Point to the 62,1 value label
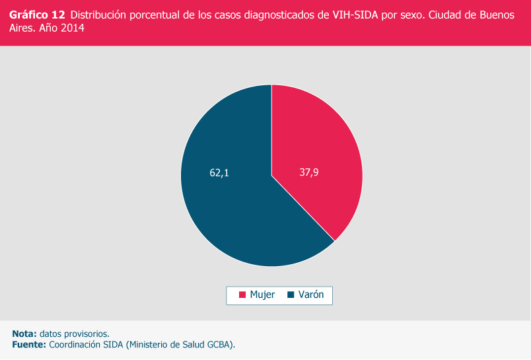click(219, 173)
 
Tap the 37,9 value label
click(309, 173)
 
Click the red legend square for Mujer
click(242, 295)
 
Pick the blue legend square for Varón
click(291, 295)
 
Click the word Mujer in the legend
click(262, 295)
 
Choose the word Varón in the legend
click(311, 295)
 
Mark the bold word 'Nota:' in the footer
click(24, 334)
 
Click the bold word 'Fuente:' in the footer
click(29, 344)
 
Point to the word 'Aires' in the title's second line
click(22, 29)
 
